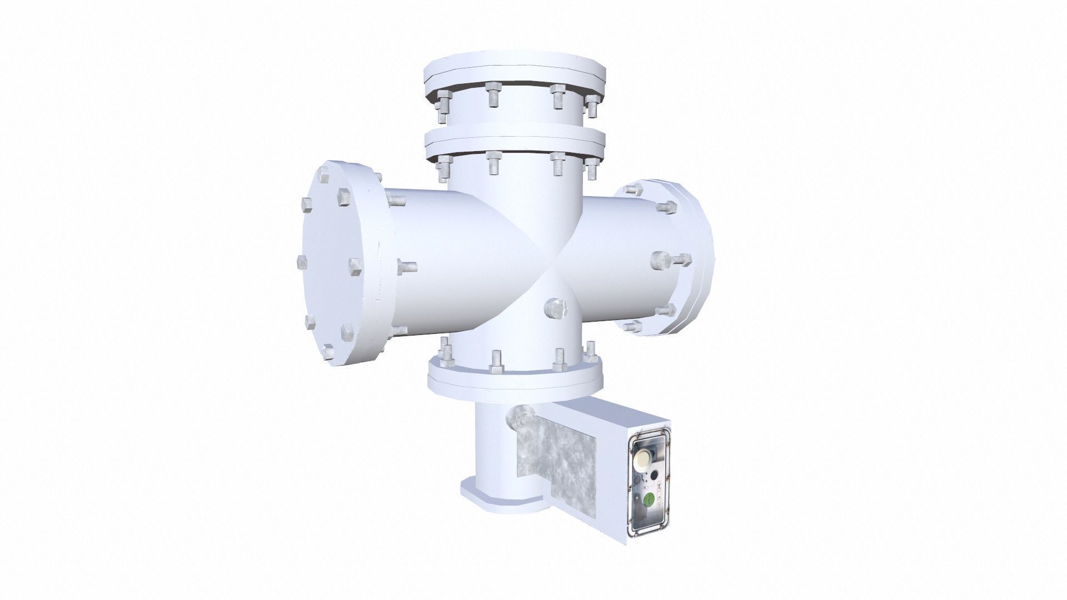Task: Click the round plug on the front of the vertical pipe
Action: [x=555, y=307]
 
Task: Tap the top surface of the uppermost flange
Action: [x=514, y=62]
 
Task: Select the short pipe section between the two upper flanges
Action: [x=514, y=111]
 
